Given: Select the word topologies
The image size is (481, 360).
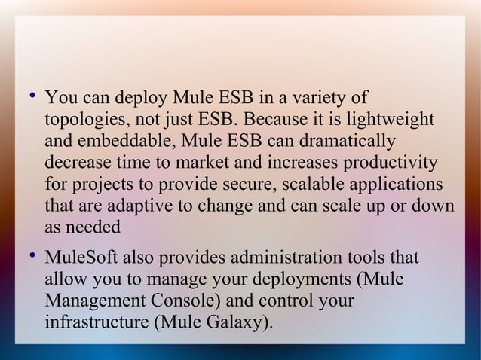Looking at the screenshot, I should click(81, 121).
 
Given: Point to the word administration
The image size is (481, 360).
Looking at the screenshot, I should click(276, 260).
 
